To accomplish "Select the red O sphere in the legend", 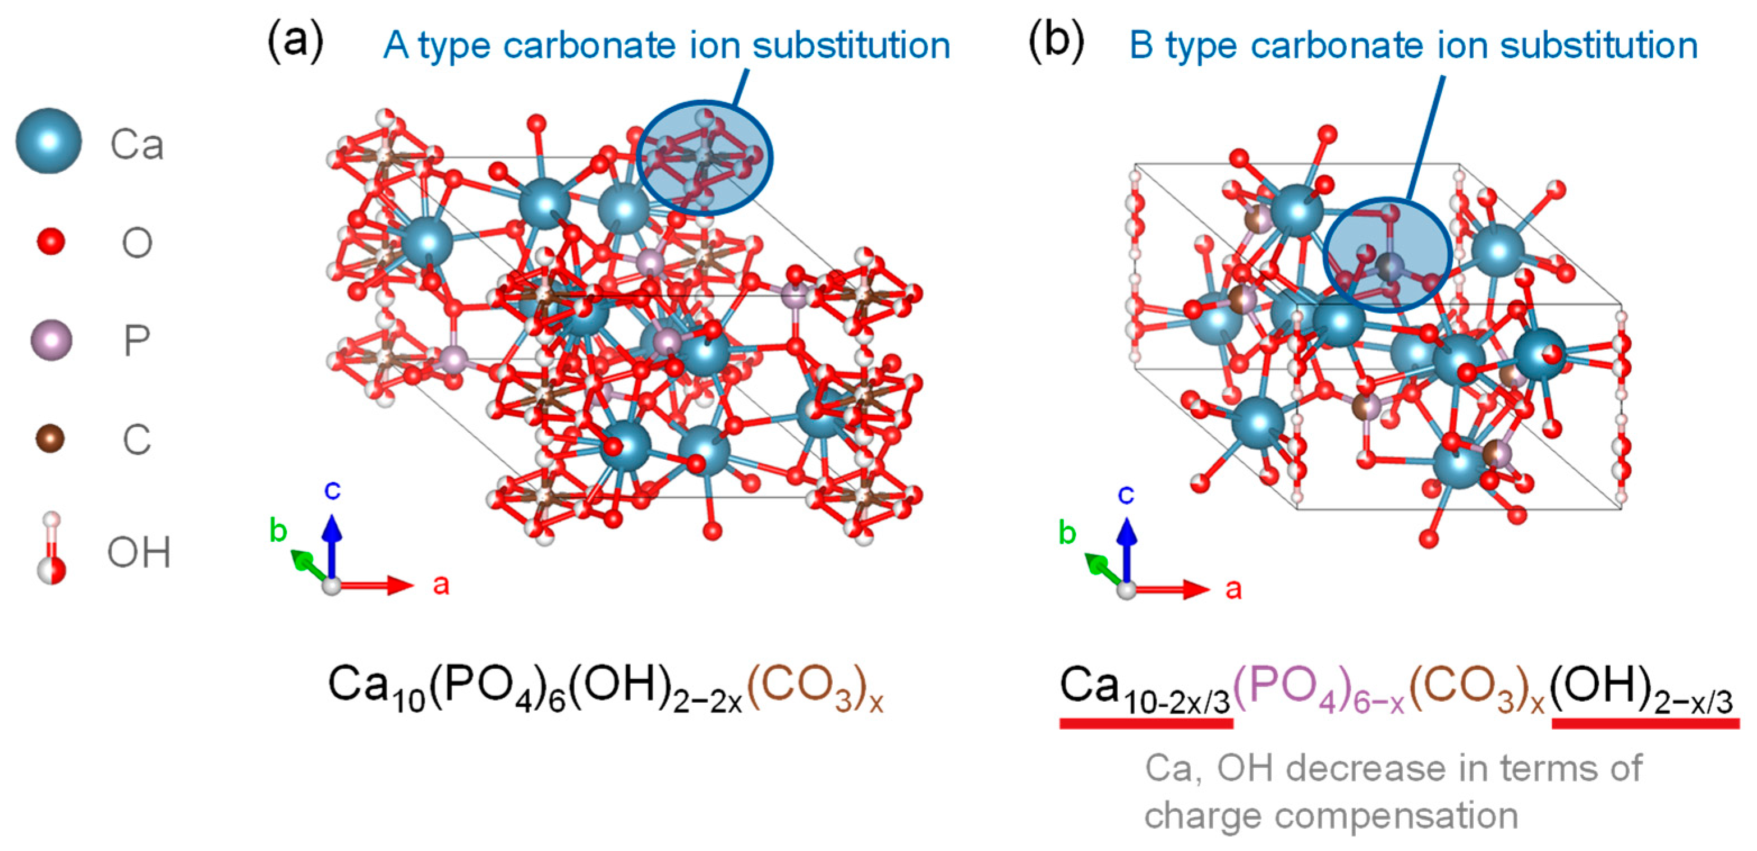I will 51,241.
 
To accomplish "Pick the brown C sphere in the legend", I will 50,438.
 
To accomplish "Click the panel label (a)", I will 295,42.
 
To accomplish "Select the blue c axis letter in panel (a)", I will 332,489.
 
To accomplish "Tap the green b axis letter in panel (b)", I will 1067,533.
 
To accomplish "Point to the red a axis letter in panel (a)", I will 441,584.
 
